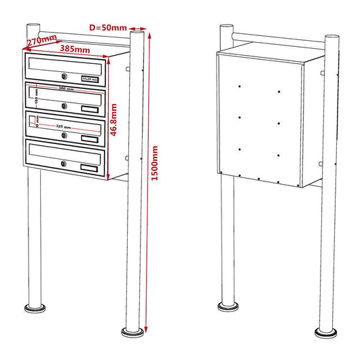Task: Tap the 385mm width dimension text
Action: [75, 50]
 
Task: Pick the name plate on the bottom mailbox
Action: [89, 167]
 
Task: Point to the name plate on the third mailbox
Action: [89, 139]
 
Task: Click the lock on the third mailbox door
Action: [63, 135]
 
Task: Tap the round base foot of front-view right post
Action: [133, 331]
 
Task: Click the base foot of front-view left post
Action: [33, 309]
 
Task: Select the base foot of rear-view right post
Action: [327, 331]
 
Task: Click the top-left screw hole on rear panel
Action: [240, 86]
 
